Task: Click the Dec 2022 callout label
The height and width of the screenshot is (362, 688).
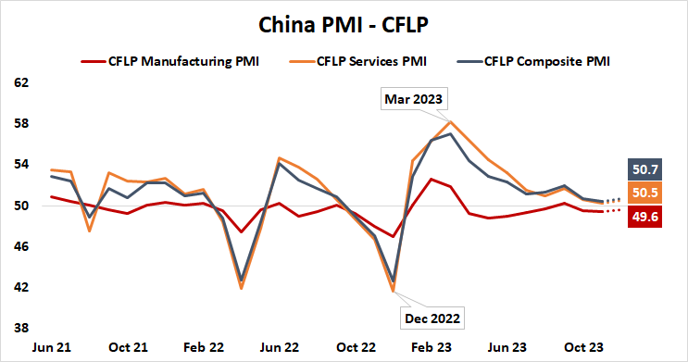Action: click(x=430, y=318)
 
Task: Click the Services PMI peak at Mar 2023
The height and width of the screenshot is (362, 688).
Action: click(x=450, y=122)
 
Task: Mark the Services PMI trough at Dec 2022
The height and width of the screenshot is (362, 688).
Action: click(x=394, y=292)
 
